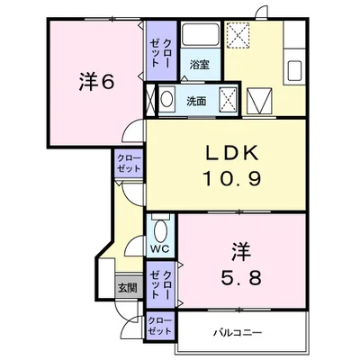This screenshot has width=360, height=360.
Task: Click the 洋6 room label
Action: (x=96, y=82)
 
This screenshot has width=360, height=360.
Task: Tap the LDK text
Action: (x=231, y=153)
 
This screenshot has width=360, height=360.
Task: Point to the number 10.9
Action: (x=232, y=178)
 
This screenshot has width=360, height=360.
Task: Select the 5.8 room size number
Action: (x=241, y=277)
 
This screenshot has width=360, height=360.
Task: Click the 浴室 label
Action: (x=199, y=65)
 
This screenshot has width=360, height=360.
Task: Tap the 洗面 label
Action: (x=196, y=102)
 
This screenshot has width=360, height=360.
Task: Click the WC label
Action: (x=160, y=248)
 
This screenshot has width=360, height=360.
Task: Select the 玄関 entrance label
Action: (x=127, y=288)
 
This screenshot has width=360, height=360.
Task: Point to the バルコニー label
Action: (x=238, y=332)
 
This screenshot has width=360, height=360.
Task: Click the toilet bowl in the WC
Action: (x=161, y=230)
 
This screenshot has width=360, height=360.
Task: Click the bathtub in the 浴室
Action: (x=201, y=34)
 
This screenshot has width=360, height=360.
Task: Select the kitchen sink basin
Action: (x=294, y=71)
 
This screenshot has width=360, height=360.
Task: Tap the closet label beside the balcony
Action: (x=160, y=326)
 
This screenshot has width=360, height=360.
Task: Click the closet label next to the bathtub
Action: (x=160, y=52)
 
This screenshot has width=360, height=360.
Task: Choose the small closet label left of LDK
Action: (x=129, y=163)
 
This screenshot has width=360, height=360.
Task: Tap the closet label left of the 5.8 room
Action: (x=160, y=284)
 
